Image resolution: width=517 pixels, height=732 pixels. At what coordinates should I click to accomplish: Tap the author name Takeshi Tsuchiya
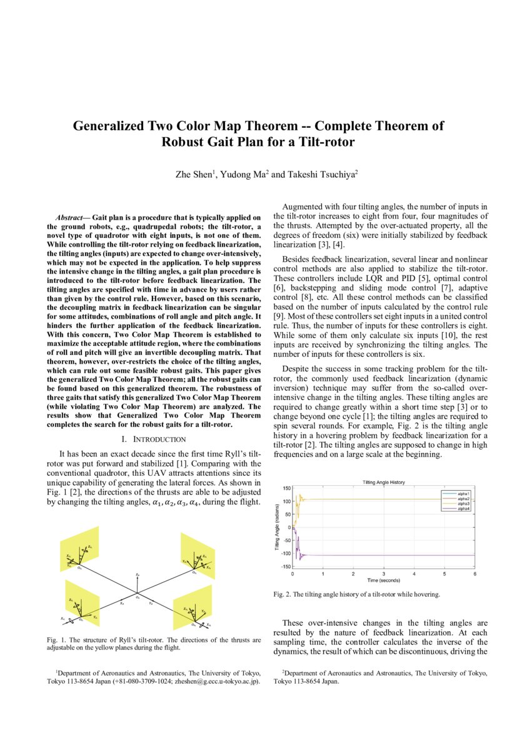click(x=321, y=175)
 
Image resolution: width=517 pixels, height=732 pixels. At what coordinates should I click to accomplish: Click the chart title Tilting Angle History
click(x=384, y=482)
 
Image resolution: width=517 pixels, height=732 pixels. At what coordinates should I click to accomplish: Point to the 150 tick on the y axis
click(x=286, y=488)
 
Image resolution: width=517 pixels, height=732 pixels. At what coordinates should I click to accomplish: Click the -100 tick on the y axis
click(x=285, y=554)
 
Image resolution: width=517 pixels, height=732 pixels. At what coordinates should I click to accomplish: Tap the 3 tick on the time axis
click(x=384, y=574)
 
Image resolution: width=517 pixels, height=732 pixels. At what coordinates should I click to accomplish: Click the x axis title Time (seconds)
click(x=384, y=580)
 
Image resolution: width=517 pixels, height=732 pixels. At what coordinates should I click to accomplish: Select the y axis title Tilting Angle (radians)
click(x=277, y=527)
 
